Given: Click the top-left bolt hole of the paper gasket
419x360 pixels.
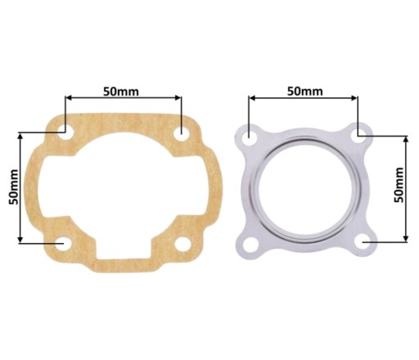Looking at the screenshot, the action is point(65,133).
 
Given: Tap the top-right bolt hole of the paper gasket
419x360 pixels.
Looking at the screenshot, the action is point(182,134).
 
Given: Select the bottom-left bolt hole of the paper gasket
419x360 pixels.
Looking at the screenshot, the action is point(64,244).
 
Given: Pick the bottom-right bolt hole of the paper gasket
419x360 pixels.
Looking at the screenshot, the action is point(182,244).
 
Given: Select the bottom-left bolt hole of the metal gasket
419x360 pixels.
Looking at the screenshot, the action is point(250,244).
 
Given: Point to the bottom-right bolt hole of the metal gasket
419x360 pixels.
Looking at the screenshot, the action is point(362,242).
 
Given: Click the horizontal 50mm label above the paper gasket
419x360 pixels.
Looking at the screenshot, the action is point(121,92).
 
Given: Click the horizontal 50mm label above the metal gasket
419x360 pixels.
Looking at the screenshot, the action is point(304,92).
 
